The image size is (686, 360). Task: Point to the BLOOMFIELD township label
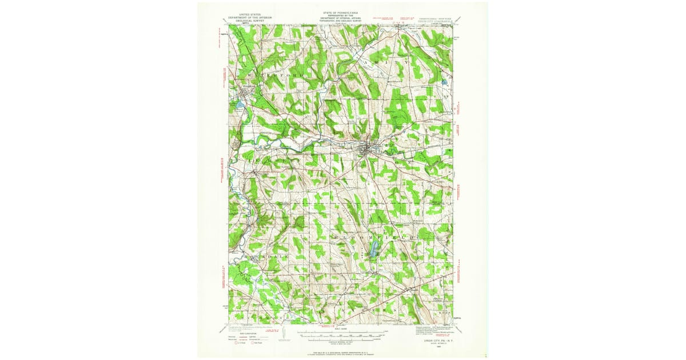point(372,236)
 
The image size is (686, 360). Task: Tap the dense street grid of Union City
point(365,150)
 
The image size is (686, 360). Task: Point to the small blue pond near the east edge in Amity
point(444,82)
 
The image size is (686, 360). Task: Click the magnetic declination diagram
point(281,334)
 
